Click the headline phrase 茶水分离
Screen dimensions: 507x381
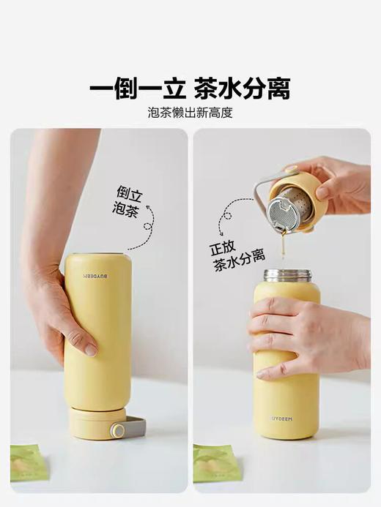click(243, 89)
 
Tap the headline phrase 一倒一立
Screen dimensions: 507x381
click(137, 89)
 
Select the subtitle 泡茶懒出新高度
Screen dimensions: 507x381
click(190, 113)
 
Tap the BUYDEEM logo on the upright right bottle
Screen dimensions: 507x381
click(286, 419)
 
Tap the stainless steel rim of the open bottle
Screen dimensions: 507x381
click(286, 275)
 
